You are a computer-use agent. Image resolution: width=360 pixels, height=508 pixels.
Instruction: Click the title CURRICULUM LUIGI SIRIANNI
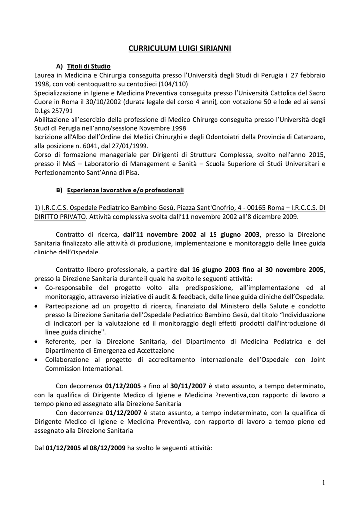(180, 48)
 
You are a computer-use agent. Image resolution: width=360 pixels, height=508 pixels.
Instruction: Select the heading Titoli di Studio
(88, 66)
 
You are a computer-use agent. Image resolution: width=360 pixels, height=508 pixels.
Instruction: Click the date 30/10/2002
(103, 102)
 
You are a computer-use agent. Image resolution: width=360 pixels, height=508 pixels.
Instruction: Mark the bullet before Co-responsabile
(38, 288)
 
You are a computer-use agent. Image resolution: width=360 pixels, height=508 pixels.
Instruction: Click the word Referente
(60, 341)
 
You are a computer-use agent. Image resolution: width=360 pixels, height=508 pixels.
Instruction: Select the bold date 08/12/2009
(107, 448)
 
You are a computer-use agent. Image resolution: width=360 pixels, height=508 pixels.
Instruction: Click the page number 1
(323, 483)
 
